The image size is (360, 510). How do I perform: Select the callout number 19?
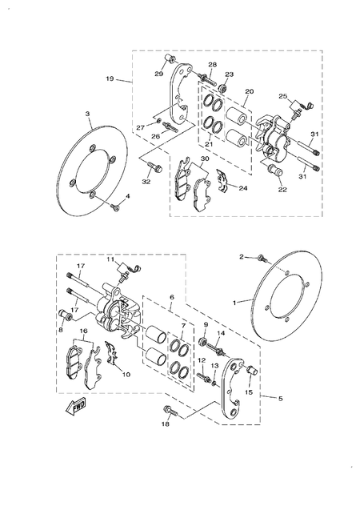coord(110,78)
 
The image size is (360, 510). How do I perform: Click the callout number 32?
coord(146,183)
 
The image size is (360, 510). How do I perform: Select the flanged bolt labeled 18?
coord(170,411)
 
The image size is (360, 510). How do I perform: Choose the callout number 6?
coord(171,297)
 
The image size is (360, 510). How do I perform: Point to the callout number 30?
coord(205,159)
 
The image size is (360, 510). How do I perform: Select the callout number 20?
coord(249,92)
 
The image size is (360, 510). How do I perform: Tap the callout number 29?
coord(158,74)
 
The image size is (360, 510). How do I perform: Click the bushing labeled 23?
coord(224,86)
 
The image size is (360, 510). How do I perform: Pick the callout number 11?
coord(111,260)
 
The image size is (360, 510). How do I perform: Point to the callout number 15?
coord(249,392)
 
